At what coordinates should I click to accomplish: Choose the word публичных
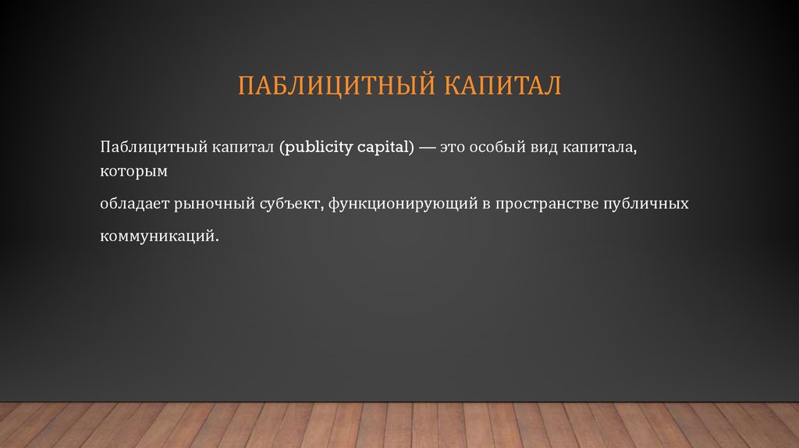coord(646,204)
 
